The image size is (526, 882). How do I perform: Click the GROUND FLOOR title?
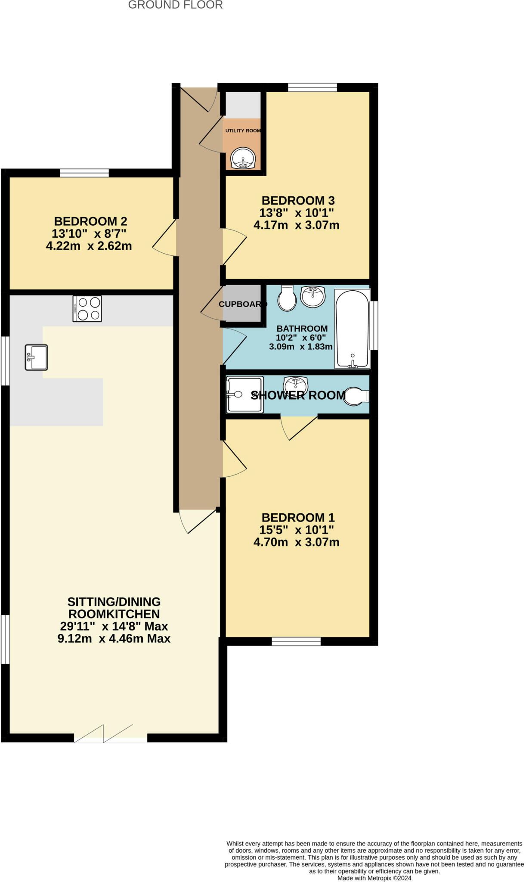[x=175, y=5]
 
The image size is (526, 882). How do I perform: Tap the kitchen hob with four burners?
[x=87, y=308]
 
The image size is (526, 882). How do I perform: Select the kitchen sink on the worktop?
[x=36, y=357]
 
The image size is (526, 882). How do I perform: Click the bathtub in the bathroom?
[x=353, y=329]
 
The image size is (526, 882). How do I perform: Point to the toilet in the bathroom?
[x=287, y=298]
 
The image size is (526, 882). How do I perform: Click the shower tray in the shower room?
[x=245, y=394]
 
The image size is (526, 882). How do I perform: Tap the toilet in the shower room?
[x=357, y=396]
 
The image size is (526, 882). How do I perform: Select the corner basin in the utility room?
[x=243, y=158]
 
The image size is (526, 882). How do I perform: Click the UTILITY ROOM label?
[x=243, y=130]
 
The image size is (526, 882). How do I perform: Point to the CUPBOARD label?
[x=243, y=304]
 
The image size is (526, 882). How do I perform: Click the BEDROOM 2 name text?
[x=90, y=221]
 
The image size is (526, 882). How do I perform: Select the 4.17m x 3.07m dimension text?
[x=296, y=225]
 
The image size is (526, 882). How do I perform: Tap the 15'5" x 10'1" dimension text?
[x=297, y=530]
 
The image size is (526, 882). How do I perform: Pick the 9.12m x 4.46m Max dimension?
[x=114, y=638]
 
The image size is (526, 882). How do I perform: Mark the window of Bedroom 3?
[x=313, y=87]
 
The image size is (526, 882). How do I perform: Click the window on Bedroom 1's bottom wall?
[x=296, y=642]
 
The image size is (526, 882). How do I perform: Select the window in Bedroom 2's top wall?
[x=84, y=173]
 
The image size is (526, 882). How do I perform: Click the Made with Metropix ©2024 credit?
[x=374, y=878]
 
